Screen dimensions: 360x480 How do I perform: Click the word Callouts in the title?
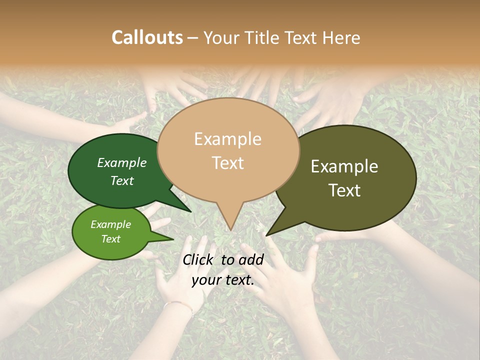point(147,37)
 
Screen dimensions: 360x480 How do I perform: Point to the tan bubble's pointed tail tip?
point(230,229)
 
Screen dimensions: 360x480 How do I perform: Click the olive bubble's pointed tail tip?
point(267,234)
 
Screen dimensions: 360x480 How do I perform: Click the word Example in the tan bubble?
point(227,139)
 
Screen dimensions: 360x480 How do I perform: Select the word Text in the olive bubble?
point(345,190)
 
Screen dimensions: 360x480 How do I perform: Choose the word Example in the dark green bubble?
point(122,163)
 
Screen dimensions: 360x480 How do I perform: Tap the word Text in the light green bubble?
point(111,239)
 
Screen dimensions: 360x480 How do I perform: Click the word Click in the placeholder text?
point(198,259)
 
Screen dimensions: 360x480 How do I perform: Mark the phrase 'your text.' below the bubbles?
point(223,280)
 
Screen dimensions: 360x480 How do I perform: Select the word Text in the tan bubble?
point(228,163)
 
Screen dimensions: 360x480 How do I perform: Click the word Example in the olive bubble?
point(344,166)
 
